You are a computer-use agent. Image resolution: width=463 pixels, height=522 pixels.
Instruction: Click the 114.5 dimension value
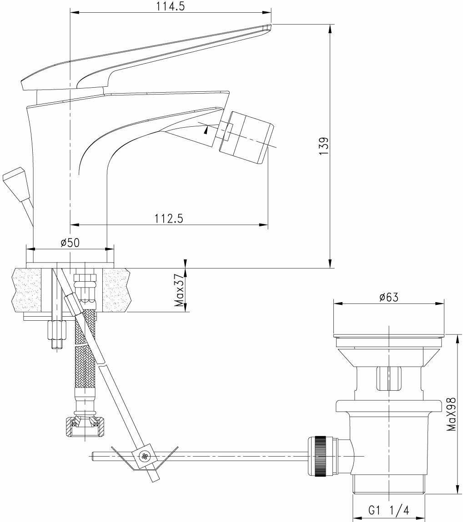tap(171, 6)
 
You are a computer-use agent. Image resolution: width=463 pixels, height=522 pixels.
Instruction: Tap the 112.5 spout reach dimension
tap(169, 219)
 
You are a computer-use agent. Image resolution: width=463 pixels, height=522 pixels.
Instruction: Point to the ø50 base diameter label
tap(70, 243)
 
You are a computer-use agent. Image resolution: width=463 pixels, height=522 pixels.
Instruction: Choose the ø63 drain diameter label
tap(389, 297)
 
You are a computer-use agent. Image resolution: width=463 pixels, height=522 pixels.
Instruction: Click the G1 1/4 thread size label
tap(388, 510)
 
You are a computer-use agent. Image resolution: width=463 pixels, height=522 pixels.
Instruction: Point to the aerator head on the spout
tap(247, 137)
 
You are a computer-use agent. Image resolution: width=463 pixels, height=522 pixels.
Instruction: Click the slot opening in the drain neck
tap(389, 378)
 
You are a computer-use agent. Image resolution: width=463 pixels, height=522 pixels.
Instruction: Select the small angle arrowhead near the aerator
tap(207, 130)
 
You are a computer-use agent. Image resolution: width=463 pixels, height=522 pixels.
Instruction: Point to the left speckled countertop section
tap(27, 290)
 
